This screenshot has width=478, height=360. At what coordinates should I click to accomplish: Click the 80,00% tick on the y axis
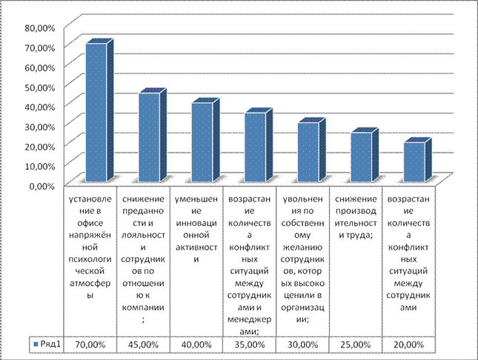[x=39, y=27]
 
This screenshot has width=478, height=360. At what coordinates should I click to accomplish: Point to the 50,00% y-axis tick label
[x=39, y=87]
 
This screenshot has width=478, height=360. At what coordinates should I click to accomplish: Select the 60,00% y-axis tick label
[x=39, y=67]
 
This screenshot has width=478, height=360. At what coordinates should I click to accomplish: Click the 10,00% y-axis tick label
[x=39, y=165]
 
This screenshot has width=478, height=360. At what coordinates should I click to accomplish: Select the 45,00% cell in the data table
[x=144, y=344]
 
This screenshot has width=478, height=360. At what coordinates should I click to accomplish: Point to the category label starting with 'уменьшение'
[x=196, y=230]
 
